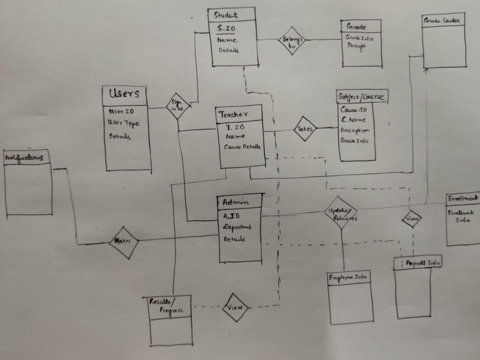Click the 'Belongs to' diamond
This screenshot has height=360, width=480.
click(x=292, y=41)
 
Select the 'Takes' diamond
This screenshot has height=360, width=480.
click(x=305, y=129)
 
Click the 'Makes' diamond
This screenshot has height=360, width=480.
click(x=123, y=241)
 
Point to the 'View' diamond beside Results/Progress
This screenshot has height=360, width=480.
click(x=235, y=307)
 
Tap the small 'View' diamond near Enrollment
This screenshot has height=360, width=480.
click(x=412, y=219)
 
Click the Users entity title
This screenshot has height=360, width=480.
click(x=124, y=93)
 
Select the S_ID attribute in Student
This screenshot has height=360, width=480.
click(x=227, y=29)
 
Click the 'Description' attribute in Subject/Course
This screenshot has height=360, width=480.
click(x=355, y=131)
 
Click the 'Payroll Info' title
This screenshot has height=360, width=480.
click(x=422, y=263)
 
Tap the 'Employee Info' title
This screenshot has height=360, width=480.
click(x=348, y=277)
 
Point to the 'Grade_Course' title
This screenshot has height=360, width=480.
click(x=442, y=20)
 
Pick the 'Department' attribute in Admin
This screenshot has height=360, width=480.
click(x=237, y=228)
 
